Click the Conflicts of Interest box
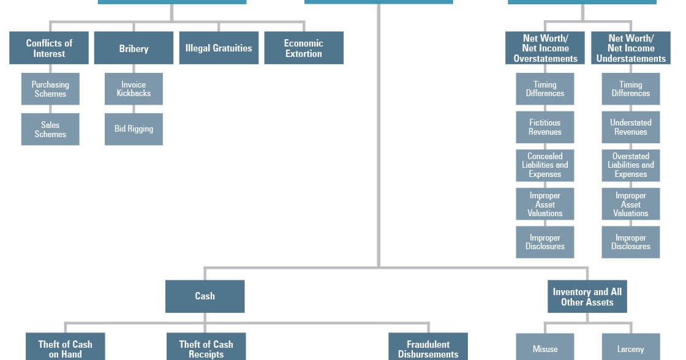49,48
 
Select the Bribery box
134,48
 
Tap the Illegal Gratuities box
219,48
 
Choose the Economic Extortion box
303,48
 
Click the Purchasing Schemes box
50,89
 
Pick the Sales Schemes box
50,129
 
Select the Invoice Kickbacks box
134,89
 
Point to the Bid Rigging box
134,129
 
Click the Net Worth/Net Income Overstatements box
545,48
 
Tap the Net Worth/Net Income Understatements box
631,48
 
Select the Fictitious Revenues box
545,127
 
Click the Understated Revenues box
631,127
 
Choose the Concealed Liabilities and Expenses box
545,165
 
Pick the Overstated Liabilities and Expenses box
631,165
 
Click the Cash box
205,296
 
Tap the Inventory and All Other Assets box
587,296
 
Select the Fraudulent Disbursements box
428,347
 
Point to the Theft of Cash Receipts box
206,347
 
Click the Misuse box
545,348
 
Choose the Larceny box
631,348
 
